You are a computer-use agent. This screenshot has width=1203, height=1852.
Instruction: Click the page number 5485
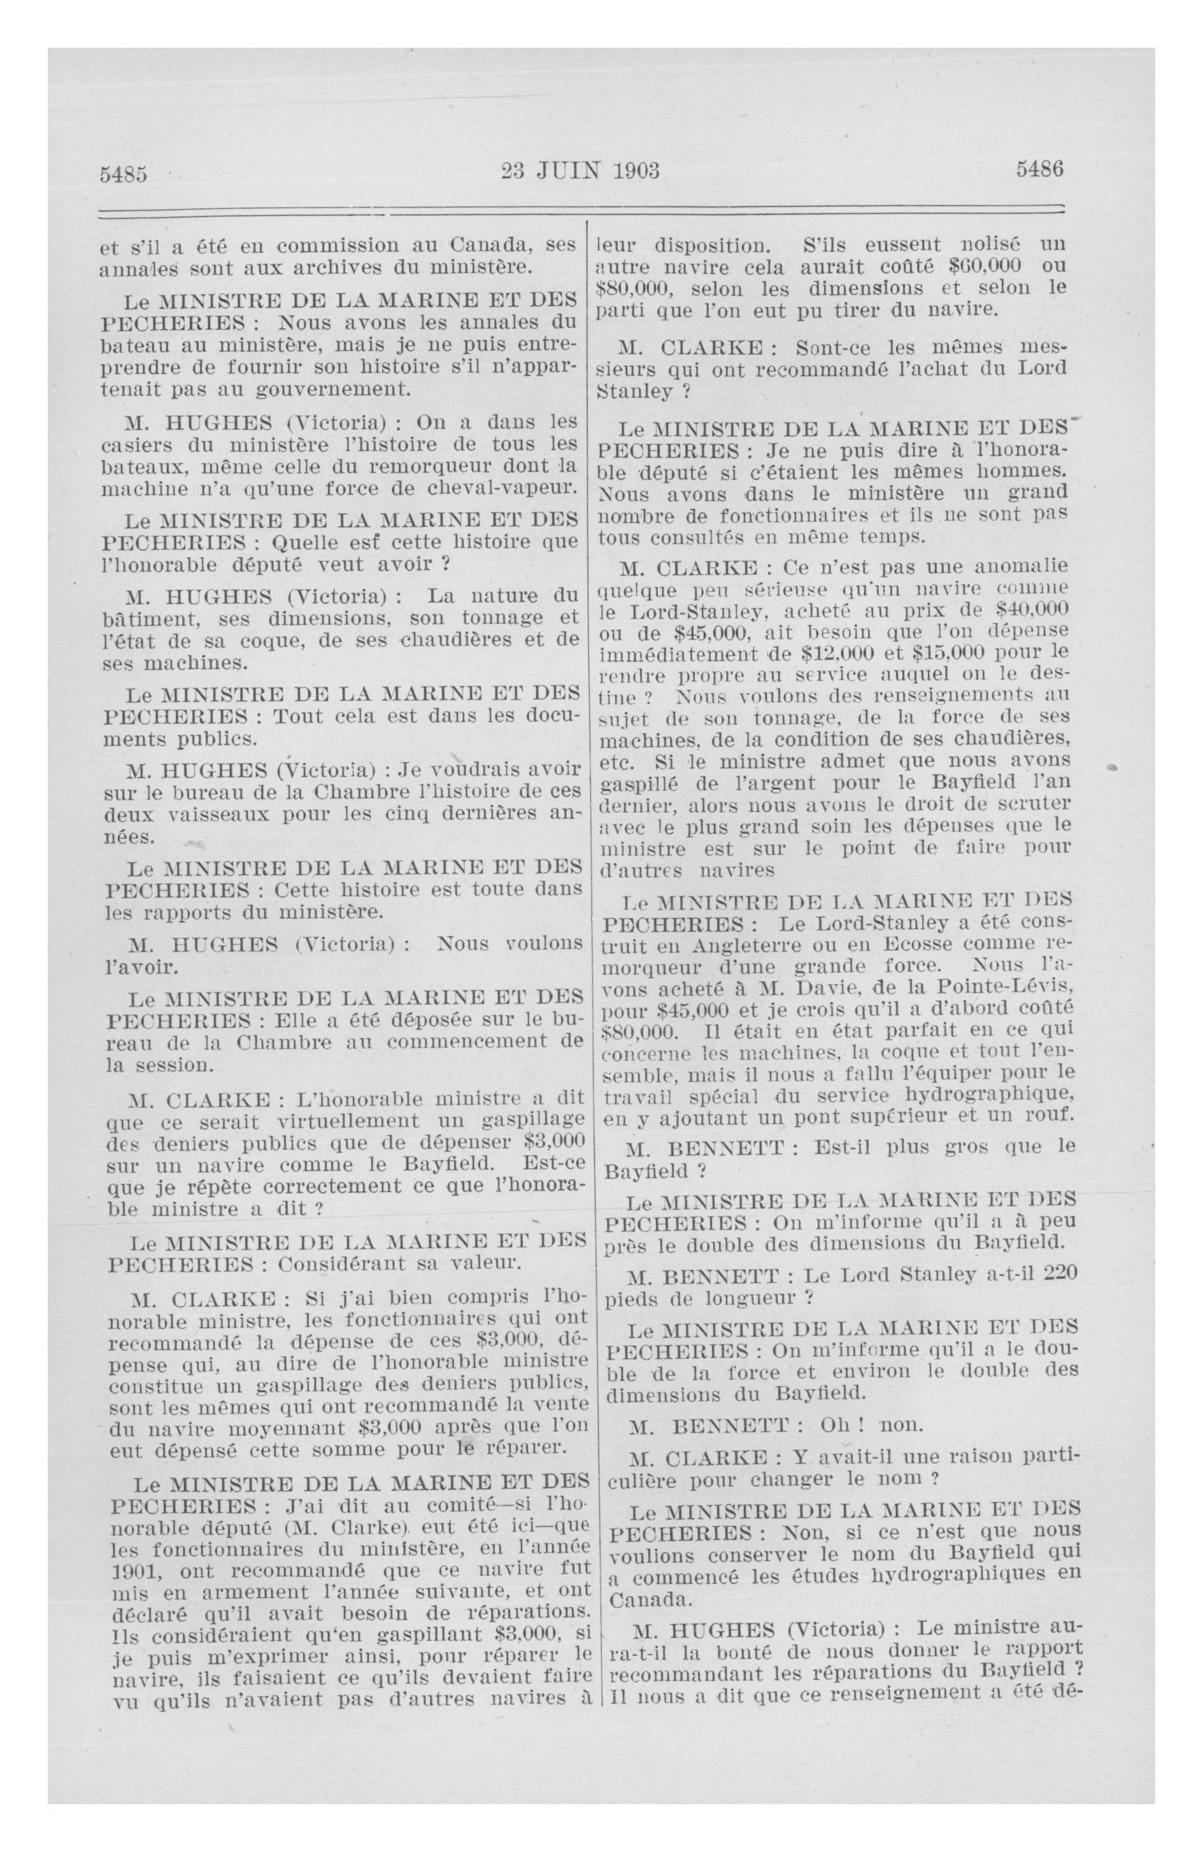[x=123, y=173]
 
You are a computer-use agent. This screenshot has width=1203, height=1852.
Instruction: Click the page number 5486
[x=1038, y=169]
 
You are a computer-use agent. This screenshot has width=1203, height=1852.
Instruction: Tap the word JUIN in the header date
[x=569, y=171]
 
